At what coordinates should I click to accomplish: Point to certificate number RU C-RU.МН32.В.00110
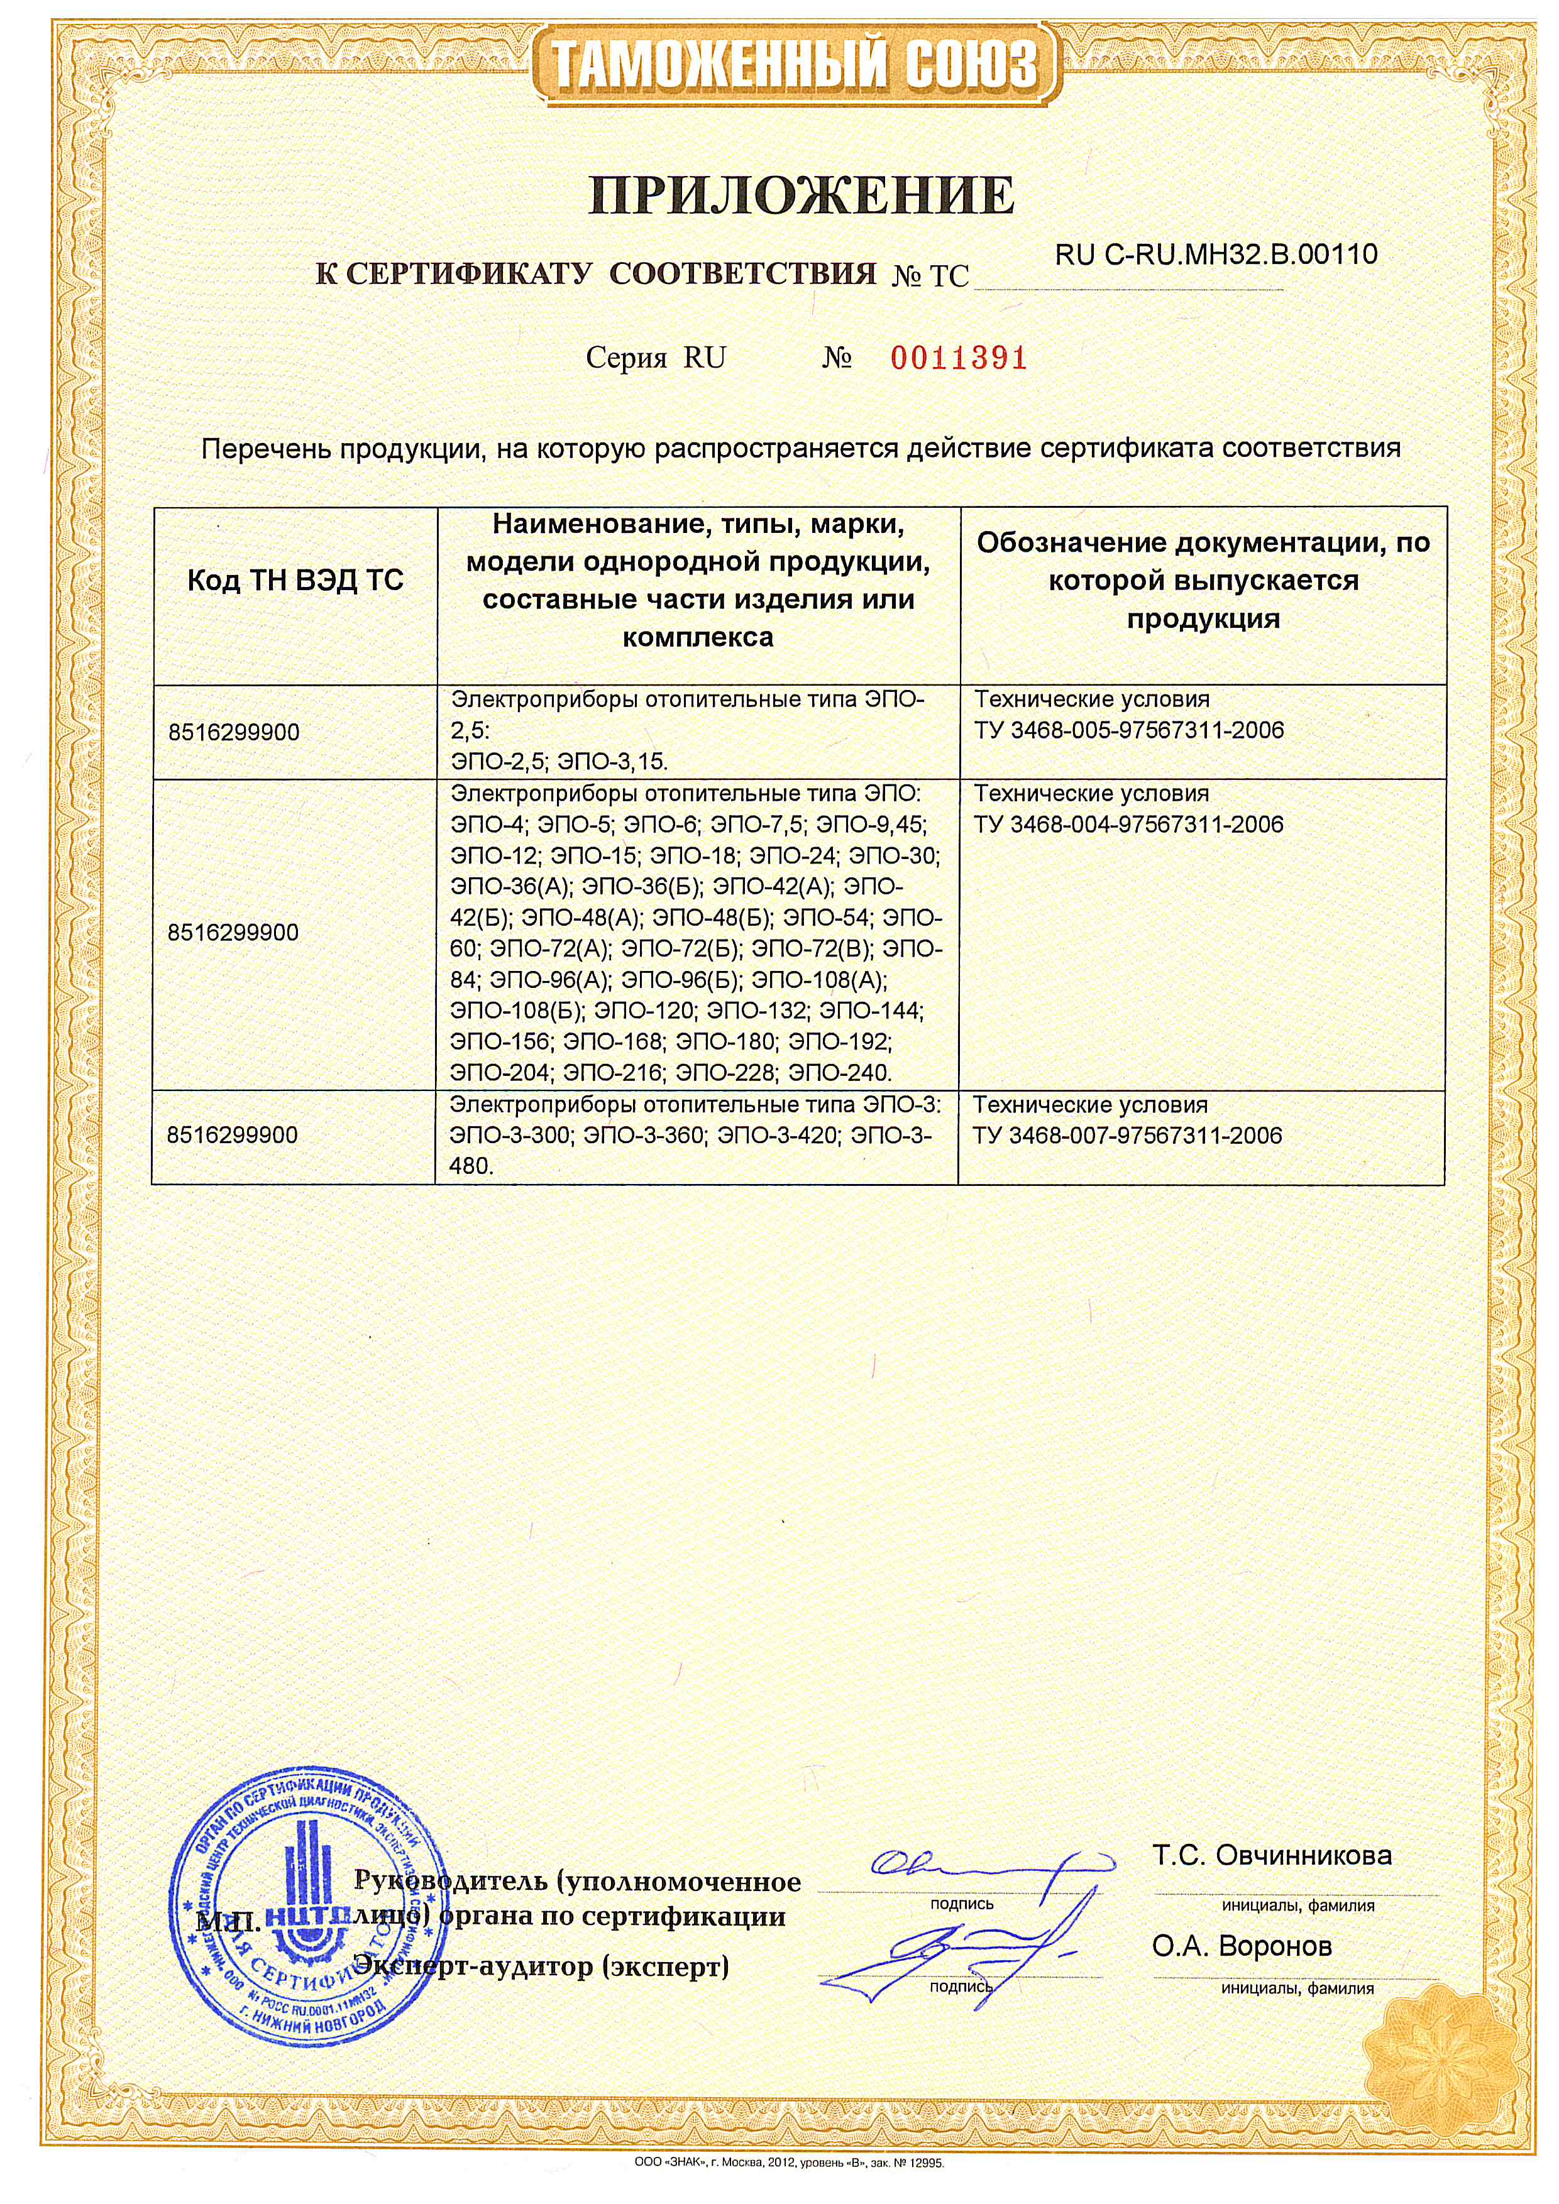coord(1215,255)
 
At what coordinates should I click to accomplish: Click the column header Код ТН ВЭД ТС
coord(295,581)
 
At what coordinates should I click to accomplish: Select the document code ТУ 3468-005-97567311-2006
coord(1128,732)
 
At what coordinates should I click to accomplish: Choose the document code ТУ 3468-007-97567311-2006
coord(1127,1136)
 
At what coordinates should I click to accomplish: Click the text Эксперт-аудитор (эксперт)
coord(543,1967)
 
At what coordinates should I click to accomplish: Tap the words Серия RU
coord(656,359)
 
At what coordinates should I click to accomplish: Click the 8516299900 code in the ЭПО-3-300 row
coord(233,1136)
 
